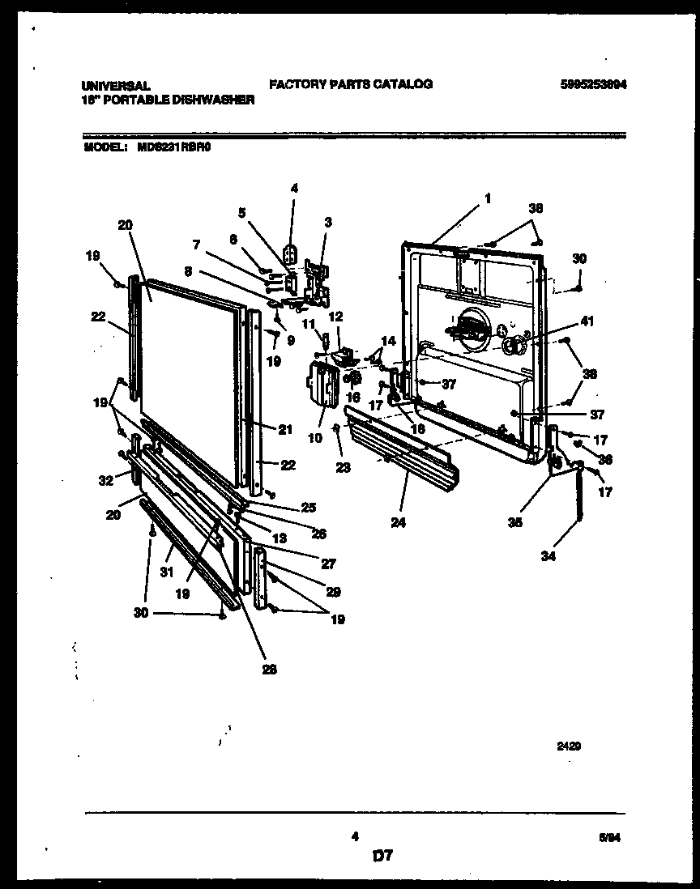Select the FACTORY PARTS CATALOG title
(350, 84)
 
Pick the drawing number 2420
(570, 747)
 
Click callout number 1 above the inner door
(488, 198)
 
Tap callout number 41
(587, 321)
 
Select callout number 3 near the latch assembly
(327, 222)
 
